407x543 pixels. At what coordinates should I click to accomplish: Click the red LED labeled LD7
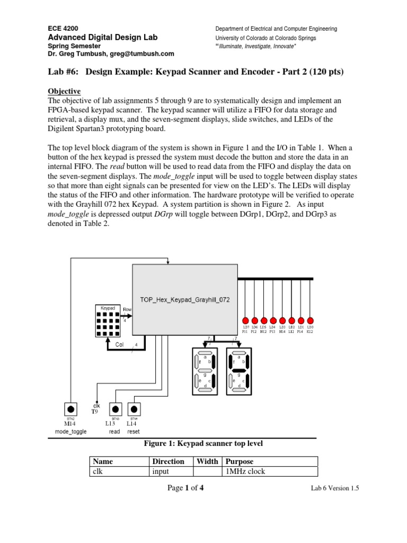coord(245,320)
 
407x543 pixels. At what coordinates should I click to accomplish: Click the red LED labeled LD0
coord(310,320)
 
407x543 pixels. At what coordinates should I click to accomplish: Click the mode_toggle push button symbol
coord(70,409)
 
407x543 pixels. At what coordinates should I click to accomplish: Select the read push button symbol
coord(115,409)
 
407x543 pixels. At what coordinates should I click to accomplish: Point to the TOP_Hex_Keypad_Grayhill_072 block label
coord(185,300)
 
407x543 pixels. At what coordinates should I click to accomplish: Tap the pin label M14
coord(70,424)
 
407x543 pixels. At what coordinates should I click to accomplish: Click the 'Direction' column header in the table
coord(168,461)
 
